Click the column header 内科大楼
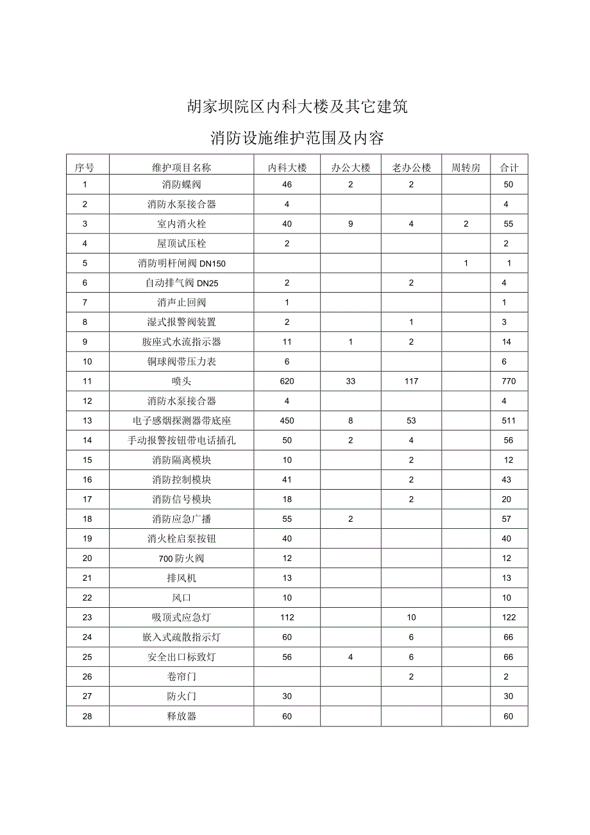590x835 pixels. click(x=287, y=168)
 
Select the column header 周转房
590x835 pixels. click(x=466, y=168)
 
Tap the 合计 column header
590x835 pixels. click(x=509, y=168)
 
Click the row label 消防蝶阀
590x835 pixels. click(x=181, y=185)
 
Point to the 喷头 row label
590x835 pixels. click(x=181, y=381)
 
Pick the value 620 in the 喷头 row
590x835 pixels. click(x=287, y=381)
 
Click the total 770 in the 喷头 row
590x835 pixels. click(x=509, y=381)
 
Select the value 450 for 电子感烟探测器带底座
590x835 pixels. click(x=287, y=421)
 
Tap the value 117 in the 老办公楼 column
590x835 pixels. click(x=411, y=381)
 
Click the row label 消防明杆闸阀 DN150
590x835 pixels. click(x=181, y=264)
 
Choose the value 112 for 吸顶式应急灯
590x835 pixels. click(x=287, y=617)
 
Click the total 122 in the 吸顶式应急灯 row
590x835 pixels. click(x=509, y=617)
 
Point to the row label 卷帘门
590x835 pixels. click(x=181, y=676)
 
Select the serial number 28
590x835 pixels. click(x=88, y=716)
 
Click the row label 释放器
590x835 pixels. click(x=181, y=716)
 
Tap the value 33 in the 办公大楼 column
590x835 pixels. click(x=351, y=381)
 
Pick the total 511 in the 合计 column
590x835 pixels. click(x=509, y=421)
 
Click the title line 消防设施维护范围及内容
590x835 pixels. click(x=297, y=138)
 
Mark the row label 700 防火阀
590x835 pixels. click(x=181, y=558)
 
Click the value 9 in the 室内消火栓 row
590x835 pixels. click(x=351, y=224)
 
